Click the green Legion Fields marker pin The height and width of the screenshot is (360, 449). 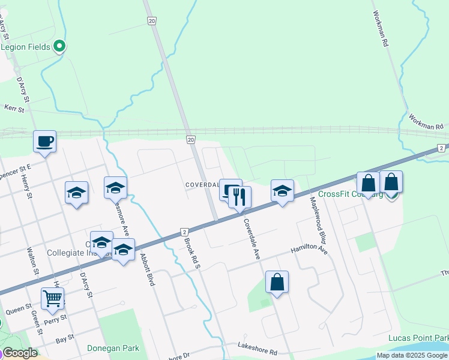tap(59, 46)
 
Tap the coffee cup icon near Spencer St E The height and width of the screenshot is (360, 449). tap(44, 142)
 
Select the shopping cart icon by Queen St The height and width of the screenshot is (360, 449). tap(53, 298)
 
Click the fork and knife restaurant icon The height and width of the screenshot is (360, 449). tap(240, 196)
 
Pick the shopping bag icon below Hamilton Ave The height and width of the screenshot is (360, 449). tap(277, 281)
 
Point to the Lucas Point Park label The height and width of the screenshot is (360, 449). tap(418, 338)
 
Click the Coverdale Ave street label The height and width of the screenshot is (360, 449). tap(252, 238)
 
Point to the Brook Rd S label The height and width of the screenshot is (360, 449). tap(192, 251)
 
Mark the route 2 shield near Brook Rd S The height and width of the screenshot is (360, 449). tap(184, 232)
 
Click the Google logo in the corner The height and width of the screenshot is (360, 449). tap(20, 353)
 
